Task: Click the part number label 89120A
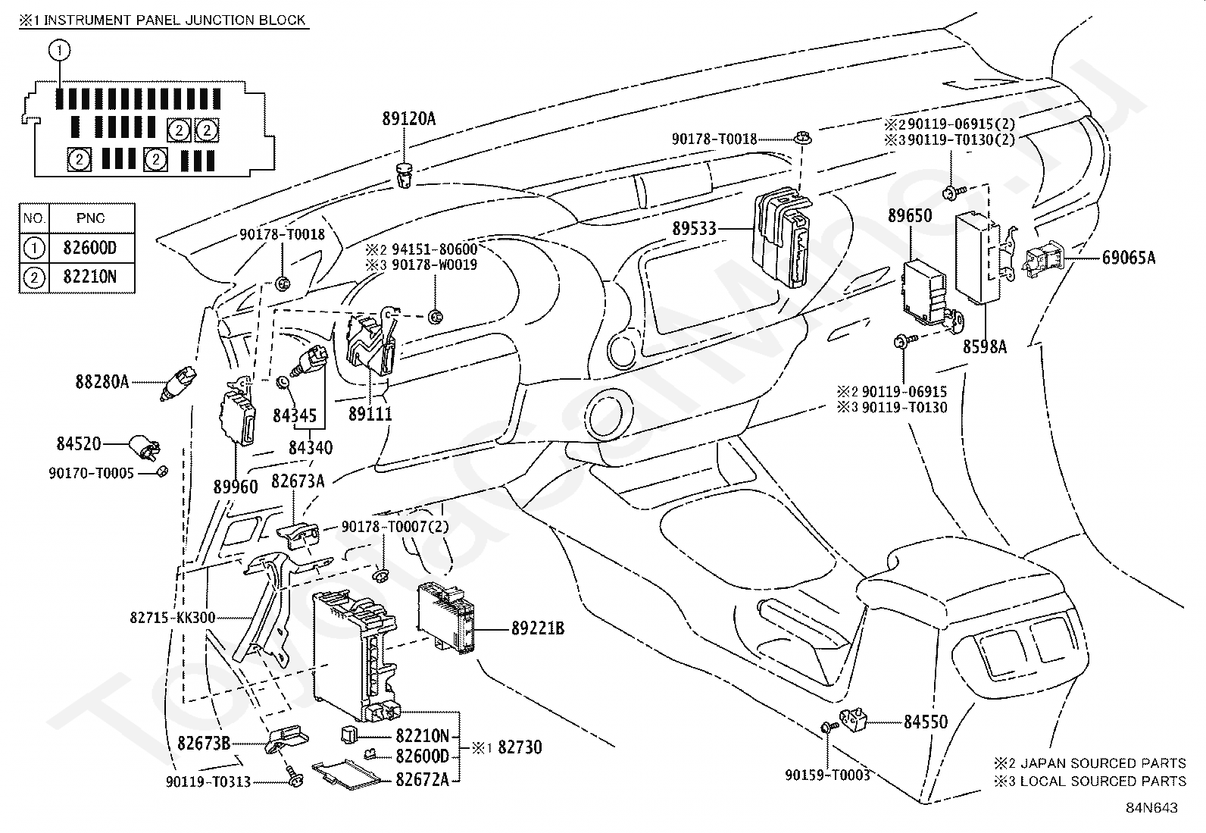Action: click(409, 118)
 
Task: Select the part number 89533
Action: click(694, 229)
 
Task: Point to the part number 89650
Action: click(910, 216)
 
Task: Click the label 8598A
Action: click(985, 346)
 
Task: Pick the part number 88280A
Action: click(102, 382)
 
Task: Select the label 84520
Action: click(79, 443)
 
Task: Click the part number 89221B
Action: click(538, 628)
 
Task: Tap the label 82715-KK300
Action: click(173, 618)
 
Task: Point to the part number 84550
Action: click(925, 722)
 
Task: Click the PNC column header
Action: click(91, 218)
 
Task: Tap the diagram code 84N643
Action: click(1151, 808)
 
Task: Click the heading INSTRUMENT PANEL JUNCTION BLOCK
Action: click(174, 20)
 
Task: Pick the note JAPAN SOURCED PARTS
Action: click(1102, 763)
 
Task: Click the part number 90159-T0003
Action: click(827, 775)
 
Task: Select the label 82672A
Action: click(422, 778)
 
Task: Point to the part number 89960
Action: click(236, 487)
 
